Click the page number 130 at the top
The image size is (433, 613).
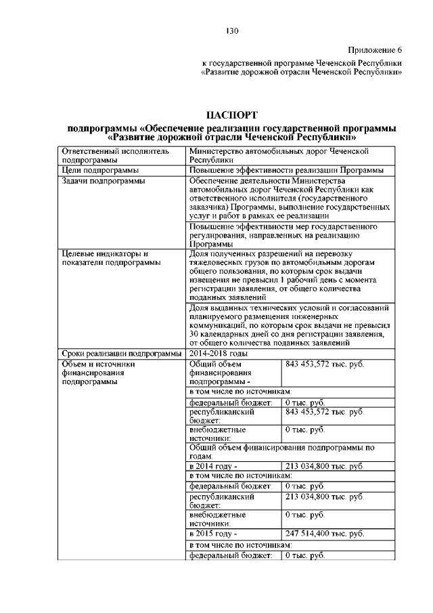231,31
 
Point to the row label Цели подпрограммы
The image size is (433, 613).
100,170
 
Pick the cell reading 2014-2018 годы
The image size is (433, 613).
219,353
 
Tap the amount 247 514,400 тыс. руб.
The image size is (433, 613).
325,534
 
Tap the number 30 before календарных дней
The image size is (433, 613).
194,334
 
